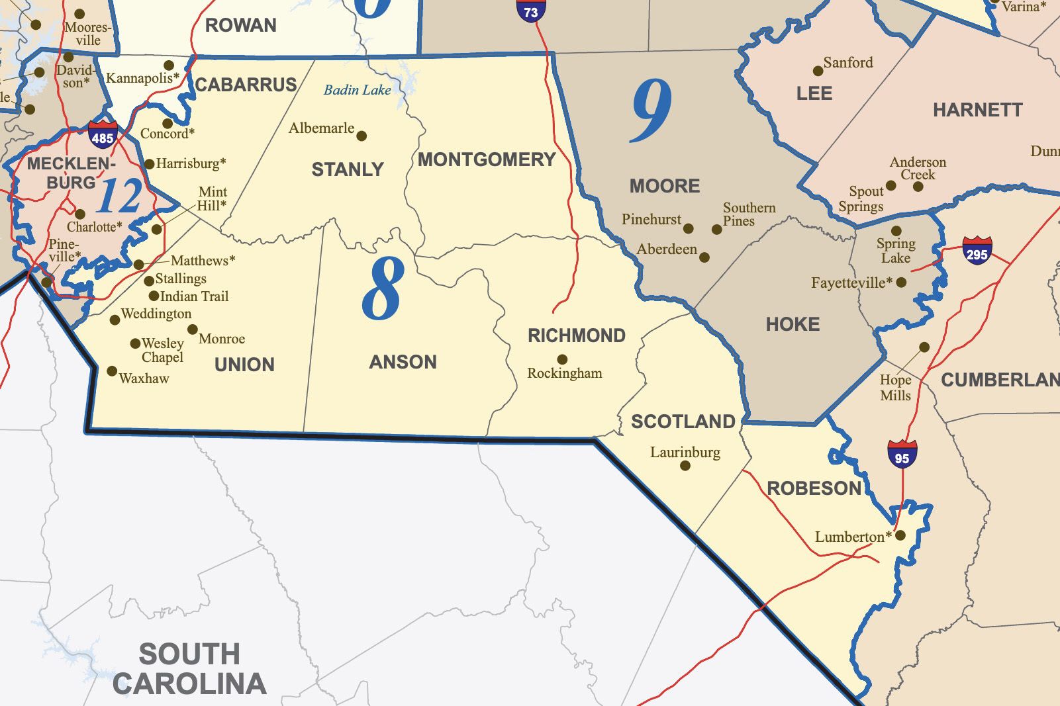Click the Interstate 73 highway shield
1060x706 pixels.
[530, 10]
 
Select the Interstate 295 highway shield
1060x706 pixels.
[977, 251]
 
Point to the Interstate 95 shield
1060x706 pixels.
[902, 455]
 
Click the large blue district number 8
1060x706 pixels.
[383, 289]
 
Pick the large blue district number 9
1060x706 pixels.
[651, 110]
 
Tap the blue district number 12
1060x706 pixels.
[119, 197]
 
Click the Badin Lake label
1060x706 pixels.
[357, 90]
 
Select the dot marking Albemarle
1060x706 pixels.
[361, 136]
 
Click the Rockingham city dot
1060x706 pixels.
[562, 359]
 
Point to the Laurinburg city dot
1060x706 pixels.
[685, 466]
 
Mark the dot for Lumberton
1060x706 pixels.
[900, 535]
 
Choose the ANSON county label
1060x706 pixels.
[403, 362]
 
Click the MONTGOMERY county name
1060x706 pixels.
[487, 159]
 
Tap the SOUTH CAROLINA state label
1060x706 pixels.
[189, 669]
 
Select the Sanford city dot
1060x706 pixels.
[818, 71]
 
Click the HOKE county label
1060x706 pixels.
[793, 324]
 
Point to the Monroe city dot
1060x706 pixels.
[193, 330]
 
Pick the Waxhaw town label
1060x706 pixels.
[144, 378]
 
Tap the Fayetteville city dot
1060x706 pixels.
[901, 283]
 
